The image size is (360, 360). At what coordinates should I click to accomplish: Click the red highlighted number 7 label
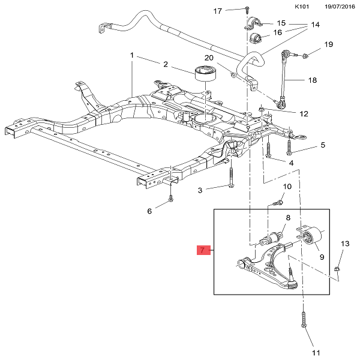(203, 250)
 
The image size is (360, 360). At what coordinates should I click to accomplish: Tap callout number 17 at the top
(218, 11)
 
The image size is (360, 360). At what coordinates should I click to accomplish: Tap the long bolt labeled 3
(230, 178)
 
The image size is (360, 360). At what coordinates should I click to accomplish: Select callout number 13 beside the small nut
(344, 244)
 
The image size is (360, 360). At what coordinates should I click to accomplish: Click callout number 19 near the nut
(328, 44)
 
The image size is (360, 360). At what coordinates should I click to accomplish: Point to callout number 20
(209, 58)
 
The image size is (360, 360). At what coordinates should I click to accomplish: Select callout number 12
(304, 113)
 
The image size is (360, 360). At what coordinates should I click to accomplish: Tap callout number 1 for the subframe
(132, 55)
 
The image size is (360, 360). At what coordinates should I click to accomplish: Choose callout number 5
(322, 145)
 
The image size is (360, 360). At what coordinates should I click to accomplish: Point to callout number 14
(316, 25)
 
